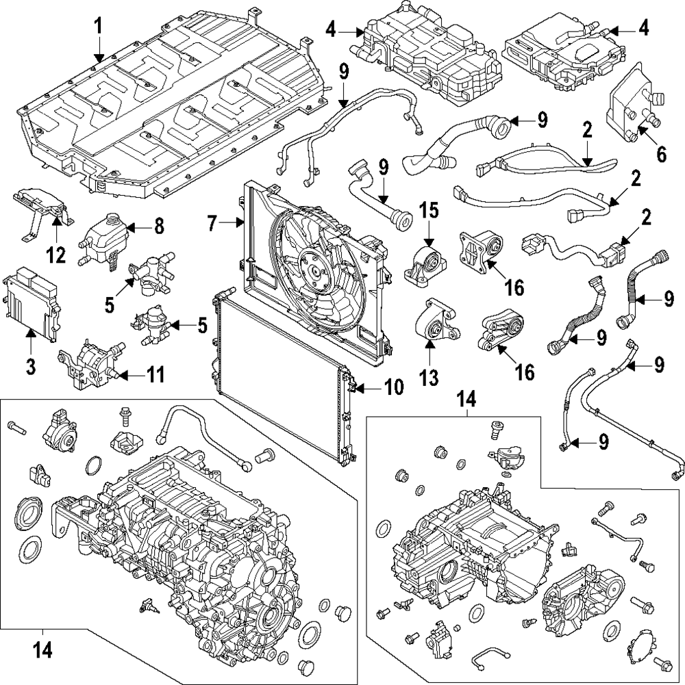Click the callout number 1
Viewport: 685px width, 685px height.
(x=99, y=27)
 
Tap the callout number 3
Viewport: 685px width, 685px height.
(x=31, y=366)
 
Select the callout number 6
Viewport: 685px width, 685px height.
(x=661, y=154)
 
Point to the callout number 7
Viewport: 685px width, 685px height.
(x=212, y=222)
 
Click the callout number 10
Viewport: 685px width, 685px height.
(x=394, y=388)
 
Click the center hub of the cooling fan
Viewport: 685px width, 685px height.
(x=316, y=271)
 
